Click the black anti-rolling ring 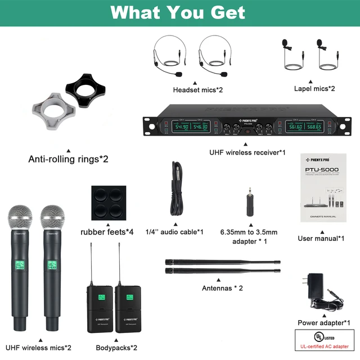click(x=87, y=87)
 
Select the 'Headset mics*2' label click(x=198, y=90)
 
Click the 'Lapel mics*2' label click(x=314, y=88)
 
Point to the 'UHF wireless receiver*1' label click(x=247, y=152)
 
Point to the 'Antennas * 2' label click(x=222, y=289)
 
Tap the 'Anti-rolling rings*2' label click(x=68, y=159)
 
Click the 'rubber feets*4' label click(x=107, y=232)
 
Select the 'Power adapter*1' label click(x=323, y=323)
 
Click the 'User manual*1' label click(x=321, y=238)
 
